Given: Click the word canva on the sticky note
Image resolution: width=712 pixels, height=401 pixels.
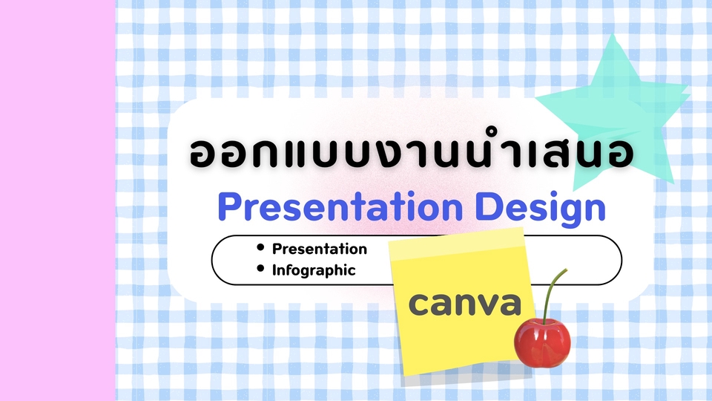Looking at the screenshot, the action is click(x=464, y=304).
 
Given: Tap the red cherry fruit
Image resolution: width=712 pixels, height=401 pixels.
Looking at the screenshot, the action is click(x=542, y=343).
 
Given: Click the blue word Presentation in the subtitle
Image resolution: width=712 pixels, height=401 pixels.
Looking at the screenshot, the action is click(x=340, y=207).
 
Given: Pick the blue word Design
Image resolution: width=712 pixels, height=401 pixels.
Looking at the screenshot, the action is click(x=541, y=209).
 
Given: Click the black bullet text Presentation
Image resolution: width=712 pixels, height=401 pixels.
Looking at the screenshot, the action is click(x=319, y=249).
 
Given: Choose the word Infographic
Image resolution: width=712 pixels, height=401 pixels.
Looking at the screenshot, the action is click(x=313, y=270).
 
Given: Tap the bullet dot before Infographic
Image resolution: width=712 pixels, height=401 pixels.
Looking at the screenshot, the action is click(x=260, y=268).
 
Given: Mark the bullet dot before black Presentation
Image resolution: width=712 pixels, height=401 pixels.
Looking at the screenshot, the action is click(x=260, y=247).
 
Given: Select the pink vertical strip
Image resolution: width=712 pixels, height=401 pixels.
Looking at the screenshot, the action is click(x=58, y=200).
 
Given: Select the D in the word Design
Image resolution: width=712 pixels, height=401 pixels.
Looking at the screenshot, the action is click(x=488, y=206).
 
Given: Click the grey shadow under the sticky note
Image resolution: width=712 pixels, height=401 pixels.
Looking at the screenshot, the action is click(x=468, y=374).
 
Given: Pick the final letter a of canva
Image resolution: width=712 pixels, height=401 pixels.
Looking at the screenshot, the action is click(x=510, y=304).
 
